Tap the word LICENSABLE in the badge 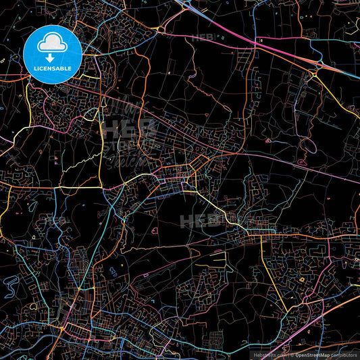pos(52,69)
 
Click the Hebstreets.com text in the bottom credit pos(269,354)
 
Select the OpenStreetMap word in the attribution pos(316,354)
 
